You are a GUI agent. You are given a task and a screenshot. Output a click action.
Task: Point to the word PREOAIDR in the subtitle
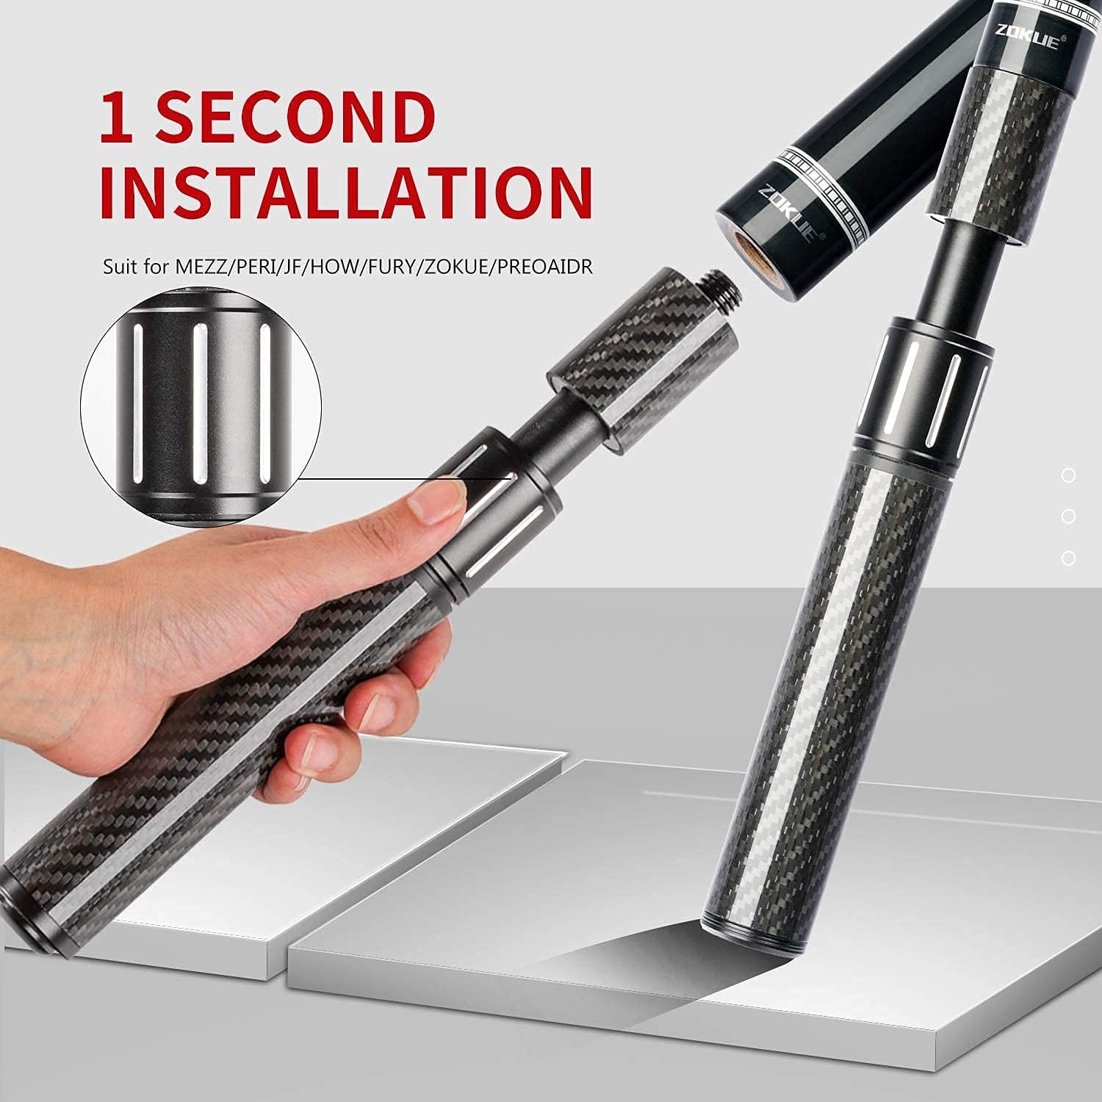(x=544, y=265)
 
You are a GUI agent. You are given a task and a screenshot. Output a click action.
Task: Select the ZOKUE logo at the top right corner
(x=1026, y=37)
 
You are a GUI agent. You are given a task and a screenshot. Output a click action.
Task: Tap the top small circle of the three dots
(x=1068, y=476)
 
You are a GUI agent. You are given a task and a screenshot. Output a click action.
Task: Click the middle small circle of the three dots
(x=1068, y=517)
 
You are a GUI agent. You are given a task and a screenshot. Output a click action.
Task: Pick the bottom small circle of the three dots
(x=1068, y=558)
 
